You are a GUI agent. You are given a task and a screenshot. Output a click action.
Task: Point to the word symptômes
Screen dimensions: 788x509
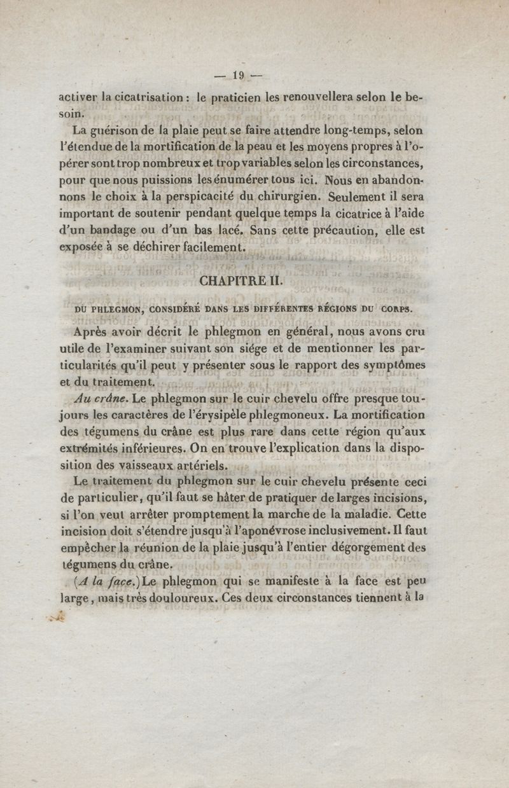point(390,365)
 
